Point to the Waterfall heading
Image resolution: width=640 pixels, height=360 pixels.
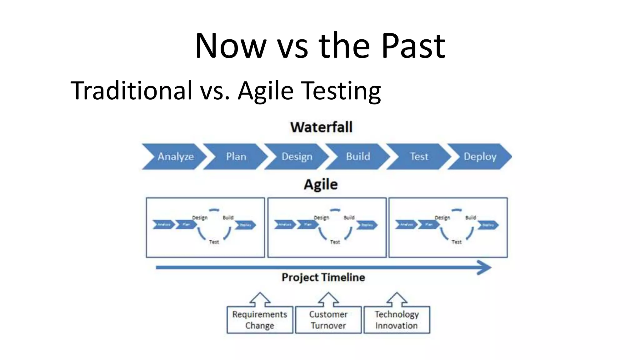(x=321, y=127)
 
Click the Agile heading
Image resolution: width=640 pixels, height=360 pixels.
(x=321, y=184)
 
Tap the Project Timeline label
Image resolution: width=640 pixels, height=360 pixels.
(x=323, y=277)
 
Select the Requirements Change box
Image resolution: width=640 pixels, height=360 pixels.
(x=260, y=320)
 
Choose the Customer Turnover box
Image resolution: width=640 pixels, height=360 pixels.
(x=328, y=320)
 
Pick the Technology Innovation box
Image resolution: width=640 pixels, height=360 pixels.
(x=397, y=320)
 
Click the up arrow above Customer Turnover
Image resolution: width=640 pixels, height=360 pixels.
(x=328, y=299)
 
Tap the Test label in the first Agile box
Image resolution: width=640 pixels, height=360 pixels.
(x=214, y=242)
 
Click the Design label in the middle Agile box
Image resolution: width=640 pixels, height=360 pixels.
(x=321, y=217)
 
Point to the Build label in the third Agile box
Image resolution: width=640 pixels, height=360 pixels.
(x=471, y=217)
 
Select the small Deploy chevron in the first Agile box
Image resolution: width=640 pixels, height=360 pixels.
(x=246, y=225)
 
